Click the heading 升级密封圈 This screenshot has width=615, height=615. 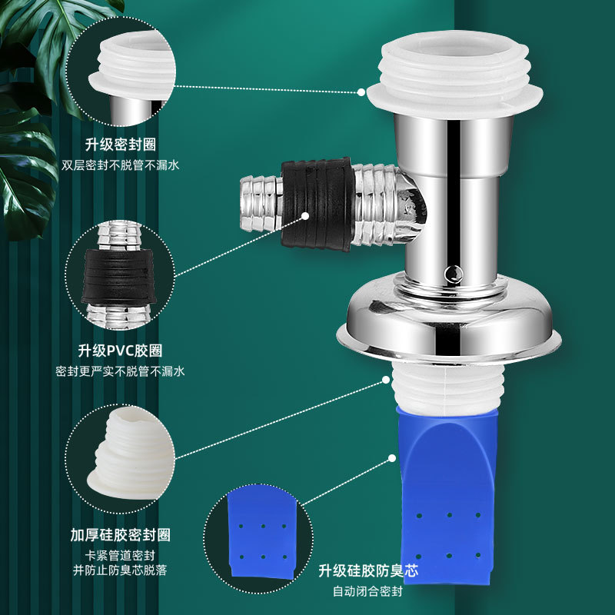coord(121,145)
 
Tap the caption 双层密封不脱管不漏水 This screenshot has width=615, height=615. coord(121,165)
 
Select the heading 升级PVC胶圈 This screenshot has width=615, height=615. coord(121,351)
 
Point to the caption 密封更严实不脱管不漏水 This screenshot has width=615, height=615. coord(120,371)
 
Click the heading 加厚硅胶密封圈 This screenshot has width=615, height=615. coord(121,534)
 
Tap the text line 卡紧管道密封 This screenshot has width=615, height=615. coord(121,555)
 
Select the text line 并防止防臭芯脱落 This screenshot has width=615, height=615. coord(120,570)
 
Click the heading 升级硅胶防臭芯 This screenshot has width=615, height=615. coord(368,570)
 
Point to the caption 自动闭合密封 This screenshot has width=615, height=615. coord(368,591)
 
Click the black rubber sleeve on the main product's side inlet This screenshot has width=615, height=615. coord(317,204)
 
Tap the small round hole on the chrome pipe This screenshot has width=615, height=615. coord(454,273)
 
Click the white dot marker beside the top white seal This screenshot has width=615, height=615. coord(361,92)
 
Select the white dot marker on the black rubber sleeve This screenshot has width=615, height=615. coord(305,216)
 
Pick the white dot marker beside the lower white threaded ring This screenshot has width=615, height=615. coord(387,380)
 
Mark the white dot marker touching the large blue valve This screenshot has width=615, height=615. coord(392,458)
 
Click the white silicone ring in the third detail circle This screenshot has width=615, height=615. coord(131,455)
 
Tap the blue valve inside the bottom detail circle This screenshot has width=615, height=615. coord(262,533)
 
